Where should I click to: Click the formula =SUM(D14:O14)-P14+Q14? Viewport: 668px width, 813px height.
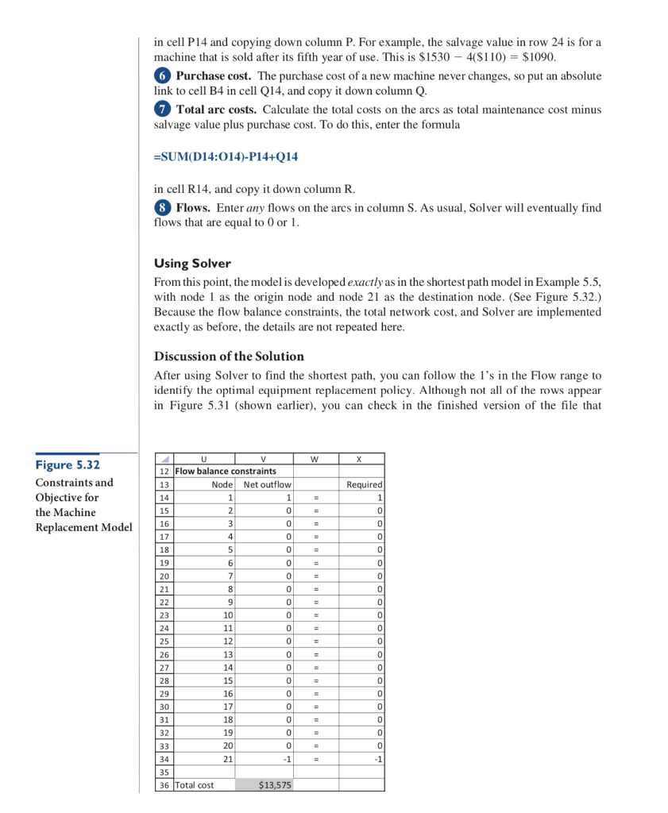pos(226,156)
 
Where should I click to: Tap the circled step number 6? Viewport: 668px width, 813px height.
pos(161,76)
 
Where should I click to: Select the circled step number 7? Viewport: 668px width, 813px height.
pos(161,110)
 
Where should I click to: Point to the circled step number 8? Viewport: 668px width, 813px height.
pos(161,208)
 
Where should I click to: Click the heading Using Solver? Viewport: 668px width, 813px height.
pos(192,263)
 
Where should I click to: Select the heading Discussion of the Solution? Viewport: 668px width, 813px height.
pos(229,356)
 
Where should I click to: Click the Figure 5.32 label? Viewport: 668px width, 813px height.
pos(67,465)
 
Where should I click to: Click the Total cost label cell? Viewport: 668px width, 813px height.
pos(195,784)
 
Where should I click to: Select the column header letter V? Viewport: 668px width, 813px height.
pos(264,458)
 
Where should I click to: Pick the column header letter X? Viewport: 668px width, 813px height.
pos(361,458)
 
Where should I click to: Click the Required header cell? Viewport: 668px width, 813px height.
pos(365,484)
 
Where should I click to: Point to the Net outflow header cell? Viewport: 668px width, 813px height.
pos(267,484)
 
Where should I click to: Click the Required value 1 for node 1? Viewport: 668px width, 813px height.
pos(380,497)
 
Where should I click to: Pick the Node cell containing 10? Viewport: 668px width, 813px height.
pos(227,614)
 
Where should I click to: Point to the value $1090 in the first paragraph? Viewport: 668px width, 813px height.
pos(539,57)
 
